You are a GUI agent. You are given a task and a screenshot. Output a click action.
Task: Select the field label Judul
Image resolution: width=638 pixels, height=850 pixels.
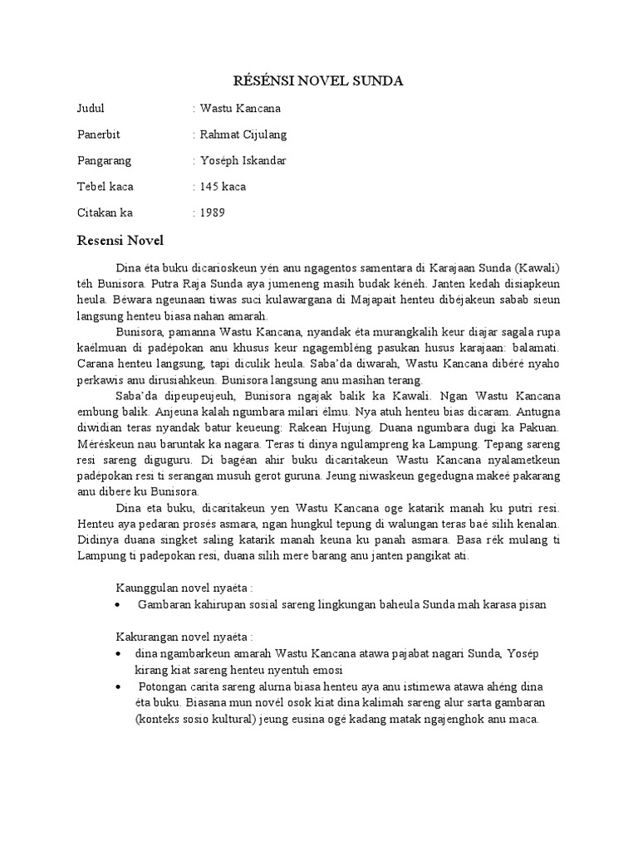[x=91, y=109]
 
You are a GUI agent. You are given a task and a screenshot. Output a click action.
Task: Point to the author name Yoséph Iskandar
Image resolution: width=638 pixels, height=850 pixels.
[x=243, y=160]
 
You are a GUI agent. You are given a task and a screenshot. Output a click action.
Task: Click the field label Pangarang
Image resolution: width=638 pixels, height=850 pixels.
[x=104, y=160]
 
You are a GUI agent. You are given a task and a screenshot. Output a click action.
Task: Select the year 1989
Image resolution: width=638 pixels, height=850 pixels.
[x=212, y=212]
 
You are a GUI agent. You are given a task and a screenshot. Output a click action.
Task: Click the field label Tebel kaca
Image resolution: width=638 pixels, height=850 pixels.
[x=106, y=186]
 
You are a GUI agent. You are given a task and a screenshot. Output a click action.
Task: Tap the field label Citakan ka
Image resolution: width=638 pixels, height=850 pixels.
[x=105, y=212]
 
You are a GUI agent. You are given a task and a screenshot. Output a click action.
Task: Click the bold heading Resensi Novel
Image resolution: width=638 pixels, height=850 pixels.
[x=120, y=241]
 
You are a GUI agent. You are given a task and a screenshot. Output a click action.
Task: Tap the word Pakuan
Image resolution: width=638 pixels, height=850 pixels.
[x=538, y=427]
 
